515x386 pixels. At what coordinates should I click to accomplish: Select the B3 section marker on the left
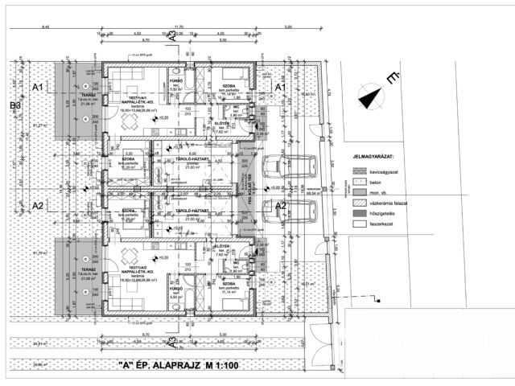click(14, 106)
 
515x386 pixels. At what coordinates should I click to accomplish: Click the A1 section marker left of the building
click(37, 86)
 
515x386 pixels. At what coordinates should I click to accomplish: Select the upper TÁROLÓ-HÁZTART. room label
click(192, 159)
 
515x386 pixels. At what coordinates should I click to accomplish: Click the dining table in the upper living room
click(129, 121)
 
